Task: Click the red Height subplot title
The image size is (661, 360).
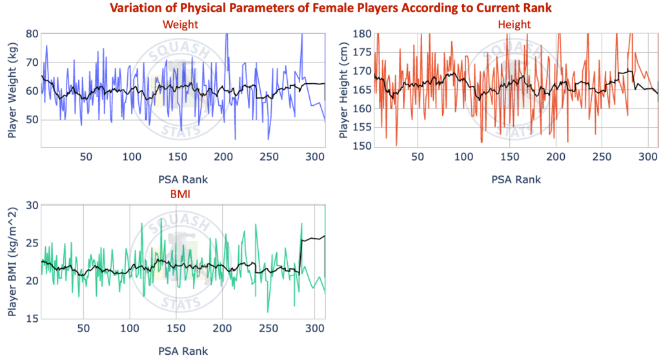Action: [514, 25]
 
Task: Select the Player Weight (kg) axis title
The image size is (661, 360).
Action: [12, 90]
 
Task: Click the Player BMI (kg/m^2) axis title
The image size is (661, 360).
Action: [12, 262]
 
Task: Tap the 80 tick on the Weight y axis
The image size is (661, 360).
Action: [32, 34]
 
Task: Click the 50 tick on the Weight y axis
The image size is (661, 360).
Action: [32, 120]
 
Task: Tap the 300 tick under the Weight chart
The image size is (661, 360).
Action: [316, 157]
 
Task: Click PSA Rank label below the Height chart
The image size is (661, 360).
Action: [514, 179]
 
